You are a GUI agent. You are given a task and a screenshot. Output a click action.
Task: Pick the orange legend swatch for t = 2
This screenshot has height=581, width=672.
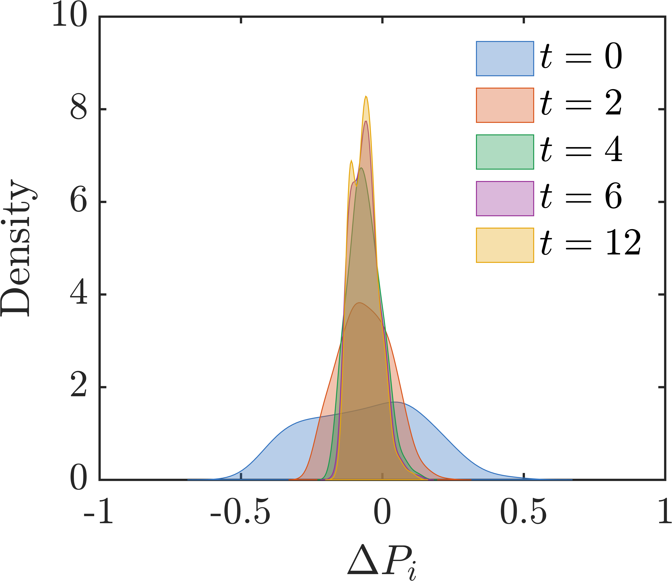pos(505,105)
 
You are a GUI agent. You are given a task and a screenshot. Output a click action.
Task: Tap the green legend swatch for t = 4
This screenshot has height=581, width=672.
pos(505,152)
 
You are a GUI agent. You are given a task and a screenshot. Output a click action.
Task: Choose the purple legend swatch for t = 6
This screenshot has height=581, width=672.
pos(505,198)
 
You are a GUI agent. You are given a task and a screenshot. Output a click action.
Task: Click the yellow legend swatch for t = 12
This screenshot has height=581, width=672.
pos(505,245)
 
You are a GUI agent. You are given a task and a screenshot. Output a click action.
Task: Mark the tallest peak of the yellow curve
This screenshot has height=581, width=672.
pos(366,96)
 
